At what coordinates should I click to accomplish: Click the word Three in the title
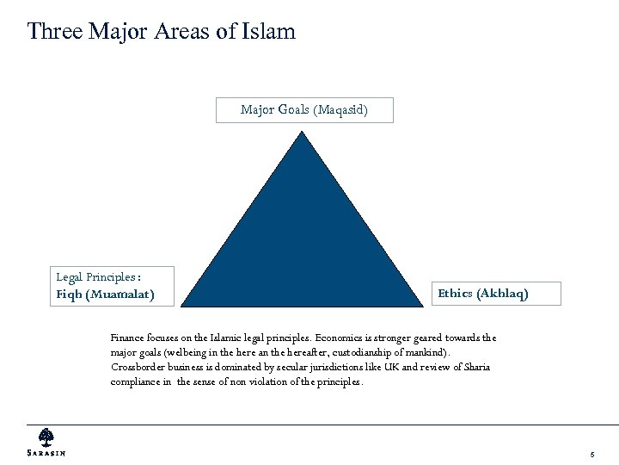tap(56, 32)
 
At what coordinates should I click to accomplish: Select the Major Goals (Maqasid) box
tap(304, 110)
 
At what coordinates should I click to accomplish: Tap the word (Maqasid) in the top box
tap(340, 110)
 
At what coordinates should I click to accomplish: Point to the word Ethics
tap(456, 294)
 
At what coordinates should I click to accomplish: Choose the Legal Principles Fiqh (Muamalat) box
tap(113, 286)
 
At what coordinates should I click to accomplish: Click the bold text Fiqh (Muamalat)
tap(105, 294)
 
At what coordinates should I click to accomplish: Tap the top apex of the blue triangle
tap(303, 131)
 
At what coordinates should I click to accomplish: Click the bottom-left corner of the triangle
tap(183, 306)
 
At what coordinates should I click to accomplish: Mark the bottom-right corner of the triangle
tap(424, 306)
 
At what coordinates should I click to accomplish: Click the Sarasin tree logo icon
tap(46, 437)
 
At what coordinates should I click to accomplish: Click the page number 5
tap(592, 454)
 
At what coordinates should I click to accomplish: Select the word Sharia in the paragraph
tap(475, 367)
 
